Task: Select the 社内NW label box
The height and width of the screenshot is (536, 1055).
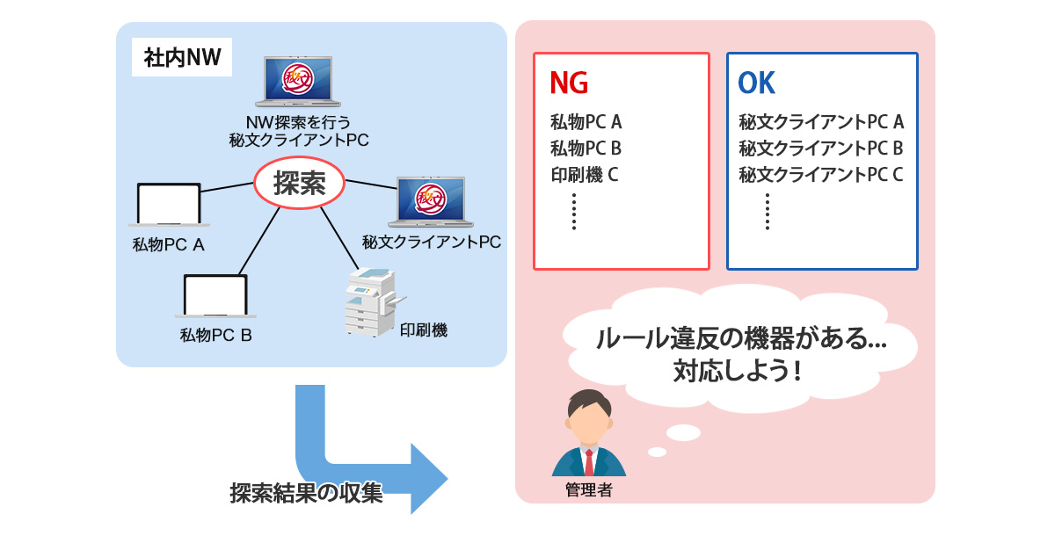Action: coord(182,60)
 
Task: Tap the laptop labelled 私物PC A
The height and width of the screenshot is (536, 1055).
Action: coord(169,206)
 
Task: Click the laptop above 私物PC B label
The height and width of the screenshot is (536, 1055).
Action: coord(215,297)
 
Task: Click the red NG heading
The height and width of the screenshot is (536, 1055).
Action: coord(568,83)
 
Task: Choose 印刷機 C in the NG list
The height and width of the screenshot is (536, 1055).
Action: coord(585,174)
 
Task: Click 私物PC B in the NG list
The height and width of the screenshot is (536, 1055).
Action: coord(586,148)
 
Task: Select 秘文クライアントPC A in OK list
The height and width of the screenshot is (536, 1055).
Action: coord(821,122)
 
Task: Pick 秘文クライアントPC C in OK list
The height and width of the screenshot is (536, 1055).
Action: coord(821,174)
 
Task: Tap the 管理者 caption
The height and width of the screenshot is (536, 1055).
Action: coord(588,490)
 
